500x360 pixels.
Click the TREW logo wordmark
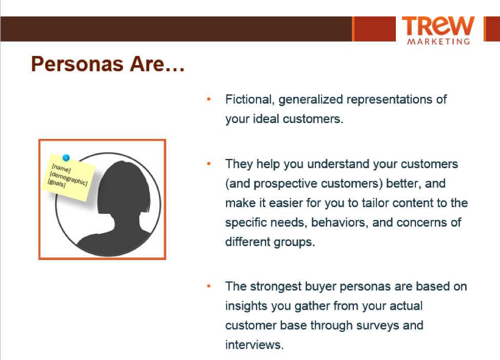[438, 26]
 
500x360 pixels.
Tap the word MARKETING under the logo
[438, 42]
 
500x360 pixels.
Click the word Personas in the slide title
[77, 64]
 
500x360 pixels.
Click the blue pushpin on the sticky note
[66, 157]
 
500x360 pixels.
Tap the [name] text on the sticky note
[61, 168]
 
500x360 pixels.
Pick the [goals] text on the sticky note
[56, 184]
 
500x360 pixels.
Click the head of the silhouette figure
[124, 188]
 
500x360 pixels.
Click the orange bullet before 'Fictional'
[209, 99]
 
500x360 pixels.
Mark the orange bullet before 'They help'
[209, 164]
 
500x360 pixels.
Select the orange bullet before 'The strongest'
[209, 286]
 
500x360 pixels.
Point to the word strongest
[276, 287]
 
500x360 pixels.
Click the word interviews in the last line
[254, 345]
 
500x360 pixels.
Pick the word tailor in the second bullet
[375, 203]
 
